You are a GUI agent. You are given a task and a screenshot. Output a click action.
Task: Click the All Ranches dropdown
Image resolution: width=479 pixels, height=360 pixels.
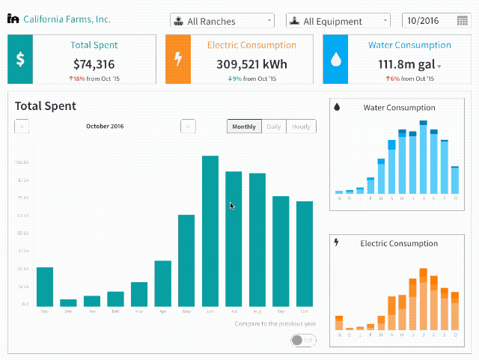coord(222,22)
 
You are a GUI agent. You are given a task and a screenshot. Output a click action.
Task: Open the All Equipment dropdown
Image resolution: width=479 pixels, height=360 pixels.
coord(338,22)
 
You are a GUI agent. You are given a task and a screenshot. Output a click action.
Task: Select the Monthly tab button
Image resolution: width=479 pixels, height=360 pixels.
coord(244,126)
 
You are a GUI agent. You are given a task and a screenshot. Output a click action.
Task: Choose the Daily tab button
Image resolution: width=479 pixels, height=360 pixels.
coord(274,126)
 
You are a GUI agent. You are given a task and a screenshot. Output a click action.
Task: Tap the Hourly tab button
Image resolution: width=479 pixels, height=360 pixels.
coord(301,126)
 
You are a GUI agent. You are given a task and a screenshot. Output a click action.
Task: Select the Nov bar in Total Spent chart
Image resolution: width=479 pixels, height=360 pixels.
coord(45,286)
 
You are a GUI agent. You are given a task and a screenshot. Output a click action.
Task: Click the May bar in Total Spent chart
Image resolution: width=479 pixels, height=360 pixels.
coord(186,260)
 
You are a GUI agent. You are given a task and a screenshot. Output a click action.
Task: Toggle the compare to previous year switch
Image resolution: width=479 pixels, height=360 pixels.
coord(302,340)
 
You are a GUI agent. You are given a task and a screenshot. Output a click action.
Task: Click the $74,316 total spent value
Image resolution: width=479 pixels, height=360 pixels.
coord(94,64)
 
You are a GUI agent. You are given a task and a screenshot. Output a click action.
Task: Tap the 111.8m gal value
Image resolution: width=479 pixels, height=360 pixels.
coord(406,64)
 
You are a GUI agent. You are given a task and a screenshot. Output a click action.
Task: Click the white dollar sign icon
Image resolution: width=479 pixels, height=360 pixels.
coord(20,59)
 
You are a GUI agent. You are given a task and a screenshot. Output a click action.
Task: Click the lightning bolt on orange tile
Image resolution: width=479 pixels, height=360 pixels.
coord(178,59)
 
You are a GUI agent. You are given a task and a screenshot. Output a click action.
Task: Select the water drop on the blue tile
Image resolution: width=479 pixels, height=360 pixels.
coord(335,59)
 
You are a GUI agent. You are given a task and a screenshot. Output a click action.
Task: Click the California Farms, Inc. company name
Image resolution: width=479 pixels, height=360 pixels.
coord(67,19)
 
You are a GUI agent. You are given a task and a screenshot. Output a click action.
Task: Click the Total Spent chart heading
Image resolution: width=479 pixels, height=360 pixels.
coord(46,106)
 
